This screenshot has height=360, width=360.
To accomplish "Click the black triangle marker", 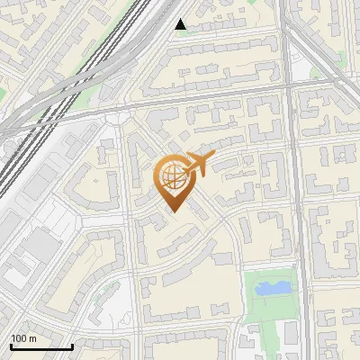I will pos(181,24).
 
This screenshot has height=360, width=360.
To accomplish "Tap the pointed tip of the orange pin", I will pos(174,211).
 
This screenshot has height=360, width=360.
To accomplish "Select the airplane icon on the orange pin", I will pos(201,164).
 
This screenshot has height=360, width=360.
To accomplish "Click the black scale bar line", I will pos(40,346).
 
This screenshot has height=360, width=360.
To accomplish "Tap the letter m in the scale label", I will pos(32,338).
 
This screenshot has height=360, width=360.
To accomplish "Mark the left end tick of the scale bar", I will pos(10,345).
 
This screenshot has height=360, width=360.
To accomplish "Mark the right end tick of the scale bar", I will pos(72,345).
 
